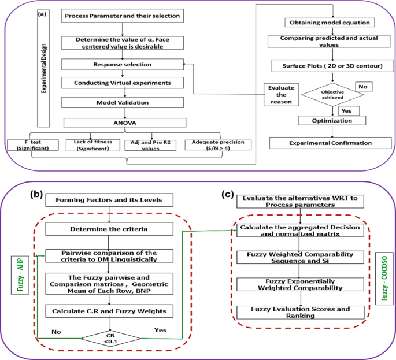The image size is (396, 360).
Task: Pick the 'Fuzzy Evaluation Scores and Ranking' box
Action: click(x=299, y=313)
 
